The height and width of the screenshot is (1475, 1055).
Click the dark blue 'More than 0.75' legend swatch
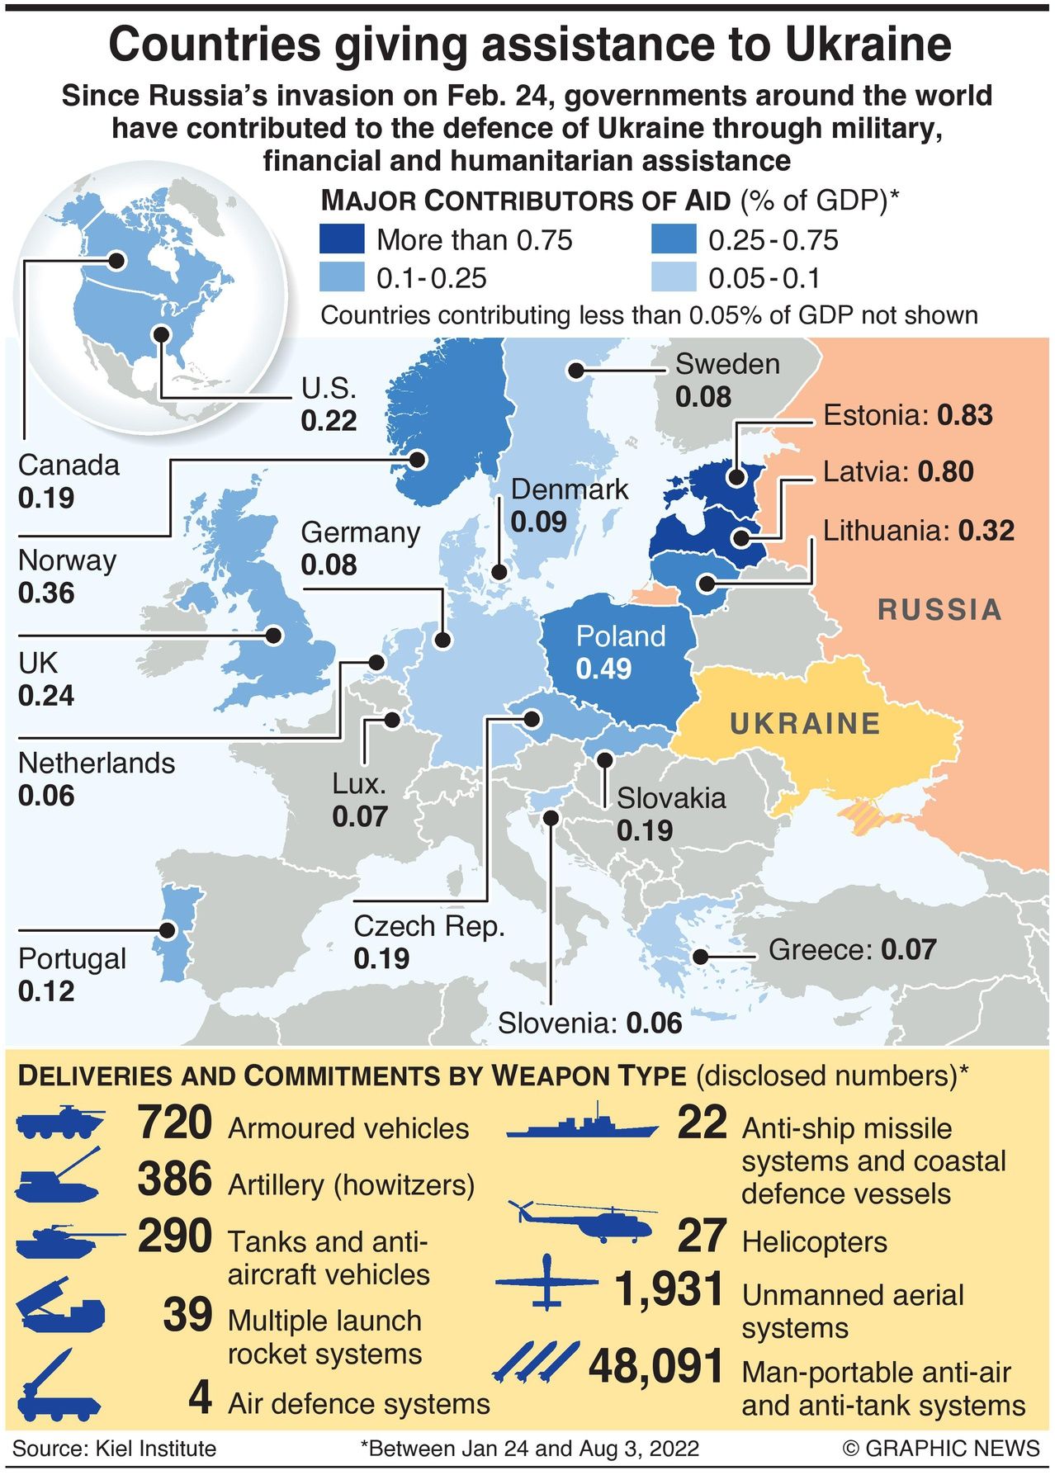pyautogui.click(x=341, y=239)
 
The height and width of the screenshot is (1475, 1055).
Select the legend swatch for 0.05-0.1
pyautogui.click(x=673, y=277)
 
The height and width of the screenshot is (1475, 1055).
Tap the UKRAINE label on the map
pyautogui.click(x=805, y=724)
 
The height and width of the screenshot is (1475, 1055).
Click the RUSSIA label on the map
pyautogui.click(x=939, y=610)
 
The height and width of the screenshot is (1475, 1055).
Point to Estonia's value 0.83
pyautogui.click(x=965, y=414)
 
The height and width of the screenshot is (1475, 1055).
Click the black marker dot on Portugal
pyautogui.click(x=168, y=930)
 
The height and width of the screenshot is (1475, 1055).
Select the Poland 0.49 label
pyautogui.click(x=620, y=652)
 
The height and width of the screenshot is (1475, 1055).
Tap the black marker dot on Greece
pyautogui.click(x=700, y=957)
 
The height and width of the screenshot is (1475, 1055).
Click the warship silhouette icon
pyautogui.click(x=582, y=1123)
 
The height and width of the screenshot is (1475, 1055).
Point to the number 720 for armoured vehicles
pyautogui.click(x=175, y=1123)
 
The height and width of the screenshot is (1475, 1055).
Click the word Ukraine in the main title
pyautogui.click(x=868, y=45)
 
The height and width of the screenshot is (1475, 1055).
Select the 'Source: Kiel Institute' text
pyautogui.click(x=114, y=1449)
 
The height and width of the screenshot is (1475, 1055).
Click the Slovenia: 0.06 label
pyautogui.click(x=590, y=1024)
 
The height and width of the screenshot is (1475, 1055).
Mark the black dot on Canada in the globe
pyautogui.click(x=117, y=261)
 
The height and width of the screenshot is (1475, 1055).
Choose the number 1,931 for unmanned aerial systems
pyautogui.click(x=669, y=1290)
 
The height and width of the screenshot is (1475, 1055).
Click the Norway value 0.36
pyautogui.click(x=46, y=593)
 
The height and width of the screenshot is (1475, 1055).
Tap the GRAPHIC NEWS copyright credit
pyautogui.click(x=940, y=1449)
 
